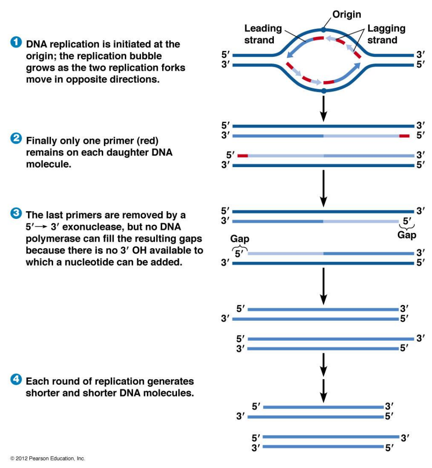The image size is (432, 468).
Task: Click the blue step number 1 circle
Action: [x=16, y=43]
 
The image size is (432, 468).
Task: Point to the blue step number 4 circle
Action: [x=16, y=380]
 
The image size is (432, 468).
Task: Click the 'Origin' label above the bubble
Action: [x=346, y=14]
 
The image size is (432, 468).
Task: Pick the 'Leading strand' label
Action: [x=263, y=34]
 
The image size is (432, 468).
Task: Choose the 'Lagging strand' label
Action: [x=386, y=34]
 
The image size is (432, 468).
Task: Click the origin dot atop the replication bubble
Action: [x=324, y=28]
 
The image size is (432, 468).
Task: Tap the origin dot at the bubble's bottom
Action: [x=324, y=91]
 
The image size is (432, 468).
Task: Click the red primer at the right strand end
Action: [x=404, y=135]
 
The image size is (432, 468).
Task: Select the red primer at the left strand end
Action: [x=243, y=155]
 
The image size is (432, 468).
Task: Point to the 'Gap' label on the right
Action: [x=407, y=235]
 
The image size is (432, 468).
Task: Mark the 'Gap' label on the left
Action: [x=240, y=239]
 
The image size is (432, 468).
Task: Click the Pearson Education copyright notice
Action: [x=47, y=459]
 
